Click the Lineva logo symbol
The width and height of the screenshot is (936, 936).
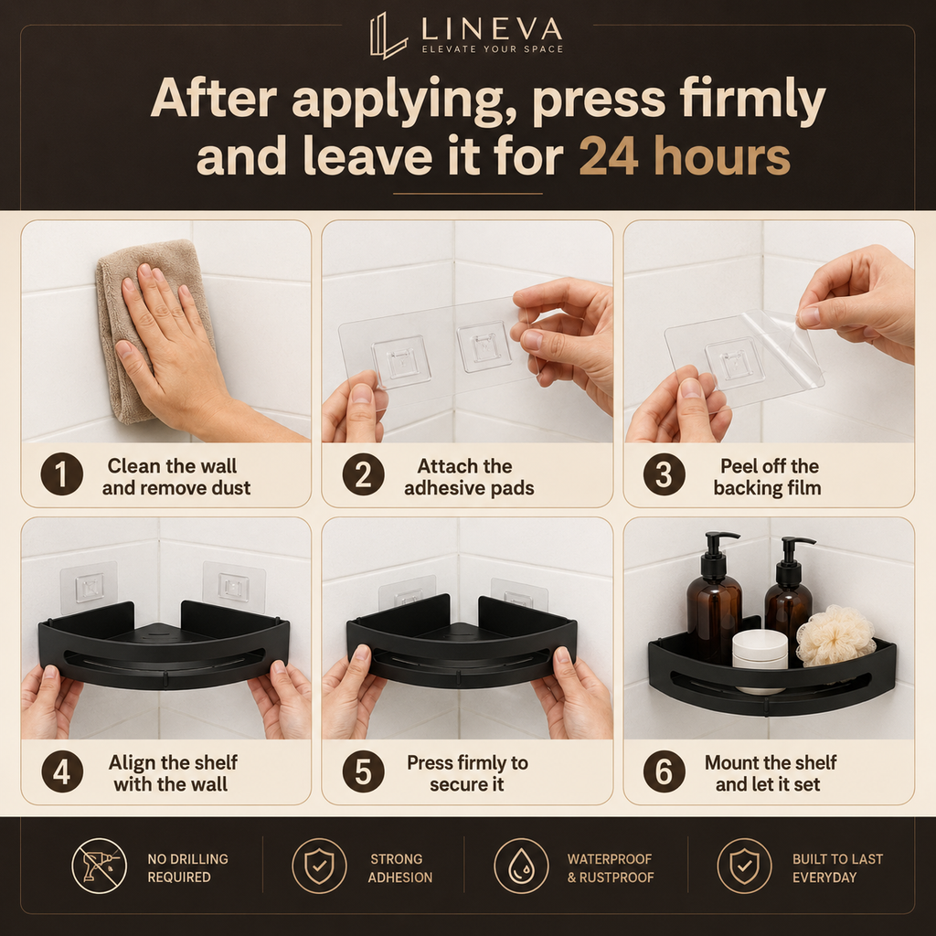[388, 36]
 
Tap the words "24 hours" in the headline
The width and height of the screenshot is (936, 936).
[685, 156]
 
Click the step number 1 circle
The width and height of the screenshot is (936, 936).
[61, 474]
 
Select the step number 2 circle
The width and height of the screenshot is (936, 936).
[363, 474]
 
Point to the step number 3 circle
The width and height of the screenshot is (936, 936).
[664, 474]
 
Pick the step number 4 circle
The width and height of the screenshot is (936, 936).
[61, 771]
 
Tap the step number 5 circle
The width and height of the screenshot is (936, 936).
[363, 771]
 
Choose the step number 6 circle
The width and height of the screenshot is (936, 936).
[664, 771]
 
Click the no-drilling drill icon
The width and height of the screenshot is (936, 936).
[99, 866]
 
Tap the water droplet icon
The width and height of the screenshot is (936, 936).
[521, 866]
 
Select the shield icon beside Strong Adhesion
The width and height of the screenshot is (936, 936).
[319, 866]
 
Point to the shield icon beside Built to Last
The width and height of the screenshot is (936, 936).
[744, 866]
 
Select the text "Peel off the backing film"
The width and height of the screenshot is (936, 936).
[768, 477]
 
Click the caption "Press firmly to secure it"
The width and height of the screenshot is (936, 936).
[467, 773]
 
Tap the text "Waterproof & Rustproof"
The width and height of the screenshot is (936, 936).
[610, 868]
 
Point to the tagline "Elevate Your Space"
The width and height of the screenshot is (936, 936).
[493, 49]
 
